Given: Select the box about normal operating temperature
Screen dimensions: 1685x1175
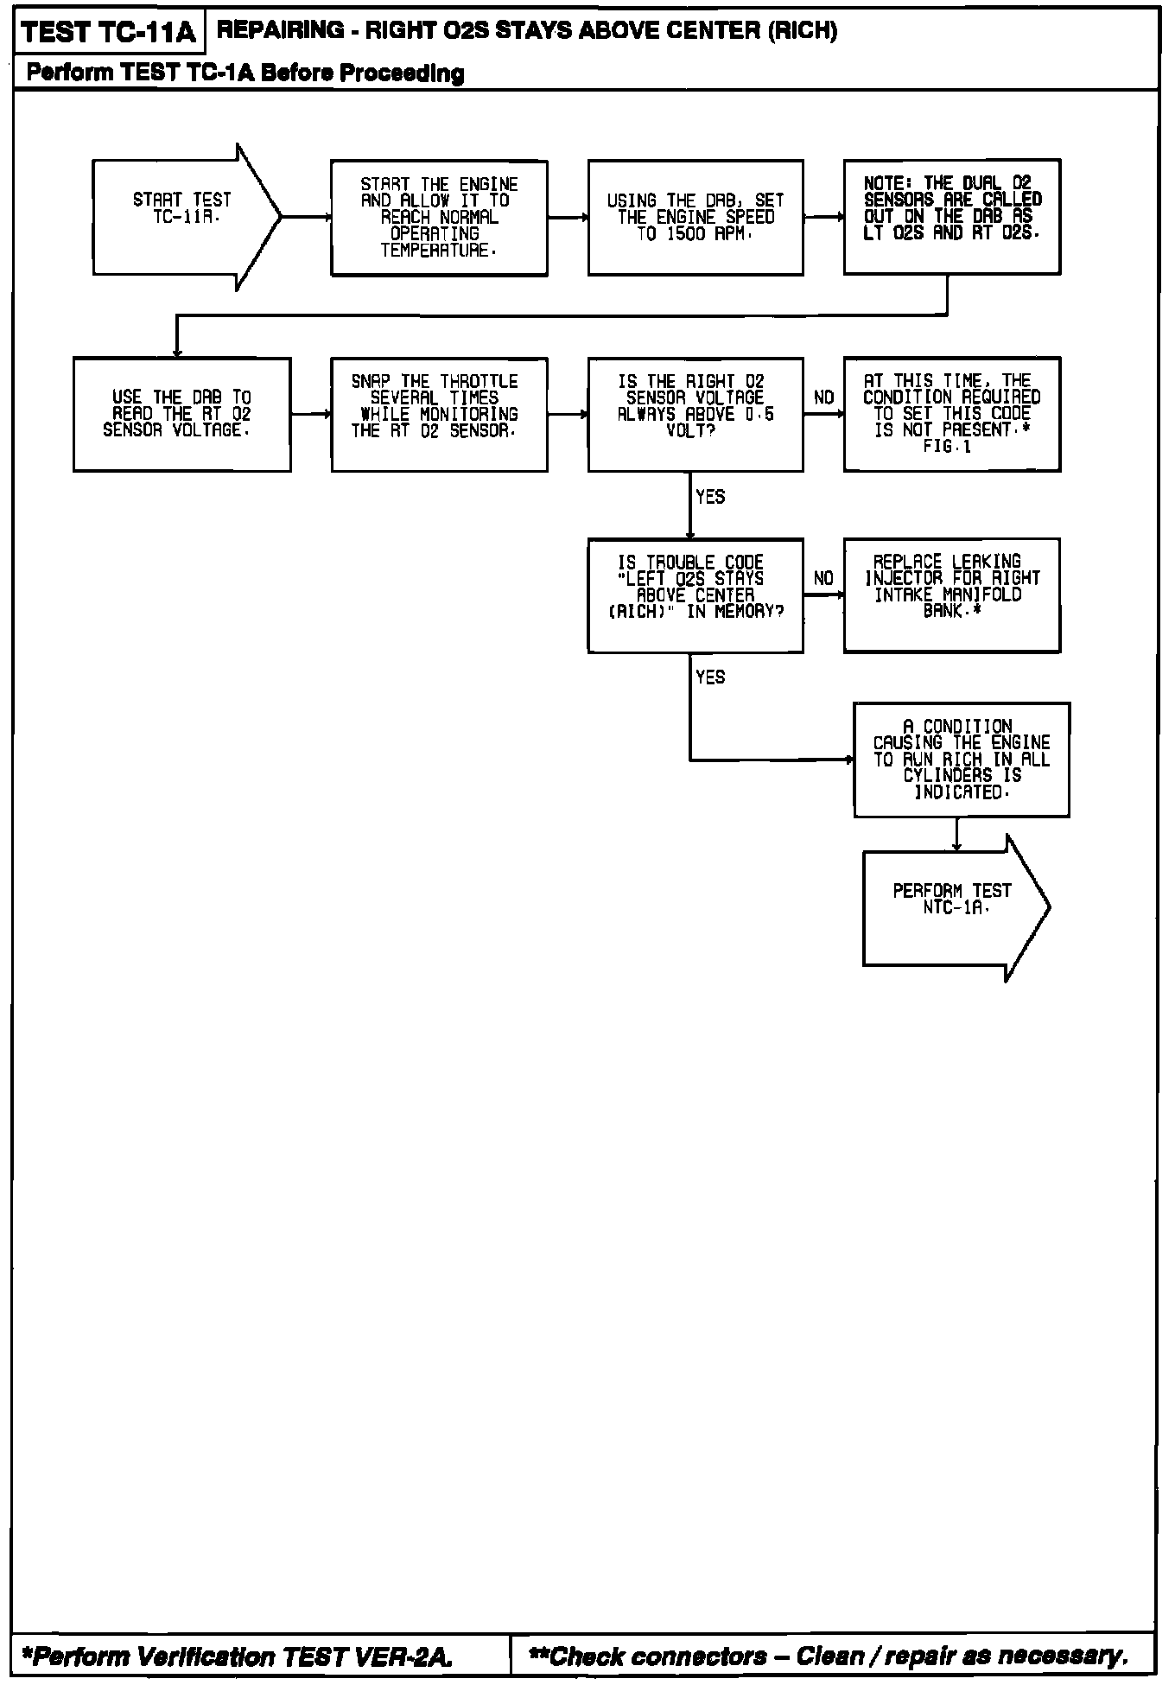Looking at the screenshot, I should pos(439,218).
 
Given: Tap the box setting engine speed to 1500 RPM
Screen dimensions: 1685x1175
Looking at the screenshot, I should pos(695,218).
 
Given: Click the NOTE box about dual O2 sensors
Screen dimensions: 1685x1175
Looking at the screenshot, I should pos(951,216).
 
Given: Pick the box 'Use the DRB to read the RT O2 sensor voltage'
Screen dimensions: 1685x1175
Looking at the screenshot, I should pos(181,414).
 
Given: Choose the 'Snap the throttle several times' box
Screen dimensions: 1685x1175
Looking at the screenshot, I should pos(439,414).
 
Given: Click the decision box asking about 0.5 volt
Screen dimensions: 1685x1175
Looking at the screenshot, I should pos(695,414).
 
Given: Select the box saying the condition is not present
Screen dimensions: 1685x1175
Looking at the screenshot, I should pos(951,414).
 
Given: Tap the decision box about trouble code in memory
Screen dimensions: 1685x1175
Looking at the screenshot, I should pos(695,595).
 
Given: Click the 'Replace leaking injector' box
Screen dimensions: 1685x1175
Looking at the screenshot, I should pos(951,595).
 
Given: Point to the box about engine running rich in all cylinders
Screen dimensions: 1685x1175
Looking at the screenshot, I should pos(961,760).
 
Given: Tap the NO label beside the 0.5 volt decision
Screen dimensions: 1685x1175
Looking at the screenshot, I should pos(823,397).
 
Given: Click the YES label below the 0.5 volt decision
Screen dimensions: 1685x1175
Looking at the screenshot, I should pos(710,497).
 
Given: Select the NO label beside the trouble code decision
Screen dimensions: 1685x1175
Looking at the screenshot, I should pos(823,578).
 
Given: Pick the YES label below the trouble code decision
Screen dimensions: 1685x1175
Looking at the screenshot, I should pos(710,677).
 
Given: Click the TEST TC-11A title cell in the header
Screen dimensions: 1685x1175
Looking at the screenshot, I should pos(108,33).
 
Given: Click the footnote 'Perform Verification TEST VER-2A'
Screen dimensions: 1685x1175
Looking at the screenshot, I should pos(235,1656).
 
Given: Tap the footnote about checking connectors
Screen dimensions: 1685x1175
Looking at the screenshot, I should pos(829,1656).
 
